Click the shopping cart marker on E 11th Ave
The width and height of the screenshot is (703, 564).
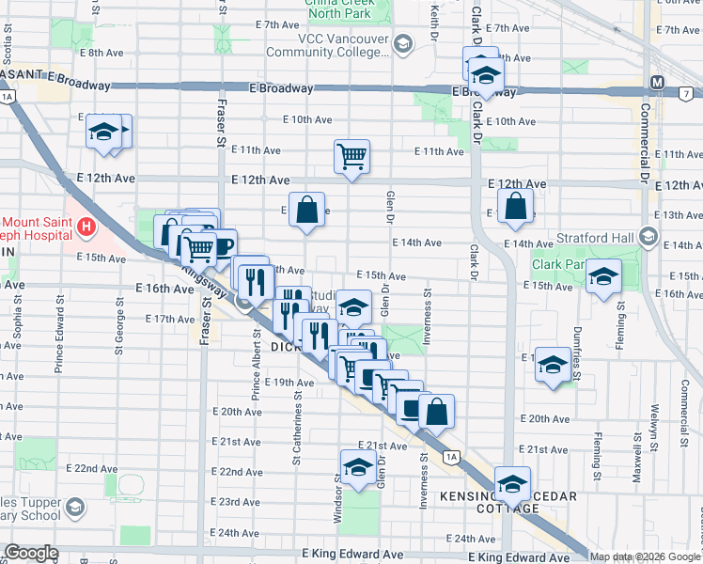(351, 156)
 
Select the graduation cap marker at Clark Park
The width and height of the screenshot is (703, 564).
(605, 277)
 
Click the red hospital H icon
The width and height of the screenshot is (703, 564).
(86, 227)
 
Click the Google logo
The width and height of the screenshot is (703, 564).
(31, 553)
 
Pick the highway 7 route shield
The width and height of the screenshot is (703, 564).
(688, 94)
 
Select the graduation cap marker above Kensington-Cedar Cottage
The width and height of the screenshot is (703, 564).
(512, 484)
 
